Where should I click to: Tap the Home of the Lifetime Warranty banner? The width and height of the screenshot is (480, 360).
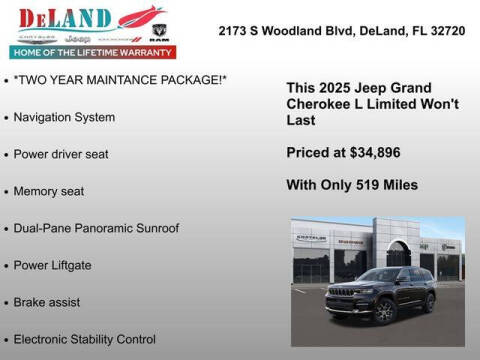(x=89, y=51)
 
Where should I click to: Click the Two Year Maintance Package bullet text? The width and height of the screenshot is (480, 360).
(x=121, y=80)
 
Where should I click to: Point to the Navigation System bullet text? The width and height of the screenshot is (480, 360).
(x=64, y=117)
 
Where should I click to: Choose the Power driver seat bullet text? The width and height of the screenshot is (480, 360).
(x=61, y=154)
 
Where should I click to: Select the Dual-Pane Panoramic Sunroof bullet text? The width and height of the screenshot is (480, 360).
(x=96, y=228)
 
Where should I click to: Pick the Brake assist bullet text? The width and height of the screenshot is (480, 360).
(x=47, y=302)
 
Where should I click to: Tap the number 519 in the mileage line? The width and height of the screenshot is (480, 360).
(x=366, y=184)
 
